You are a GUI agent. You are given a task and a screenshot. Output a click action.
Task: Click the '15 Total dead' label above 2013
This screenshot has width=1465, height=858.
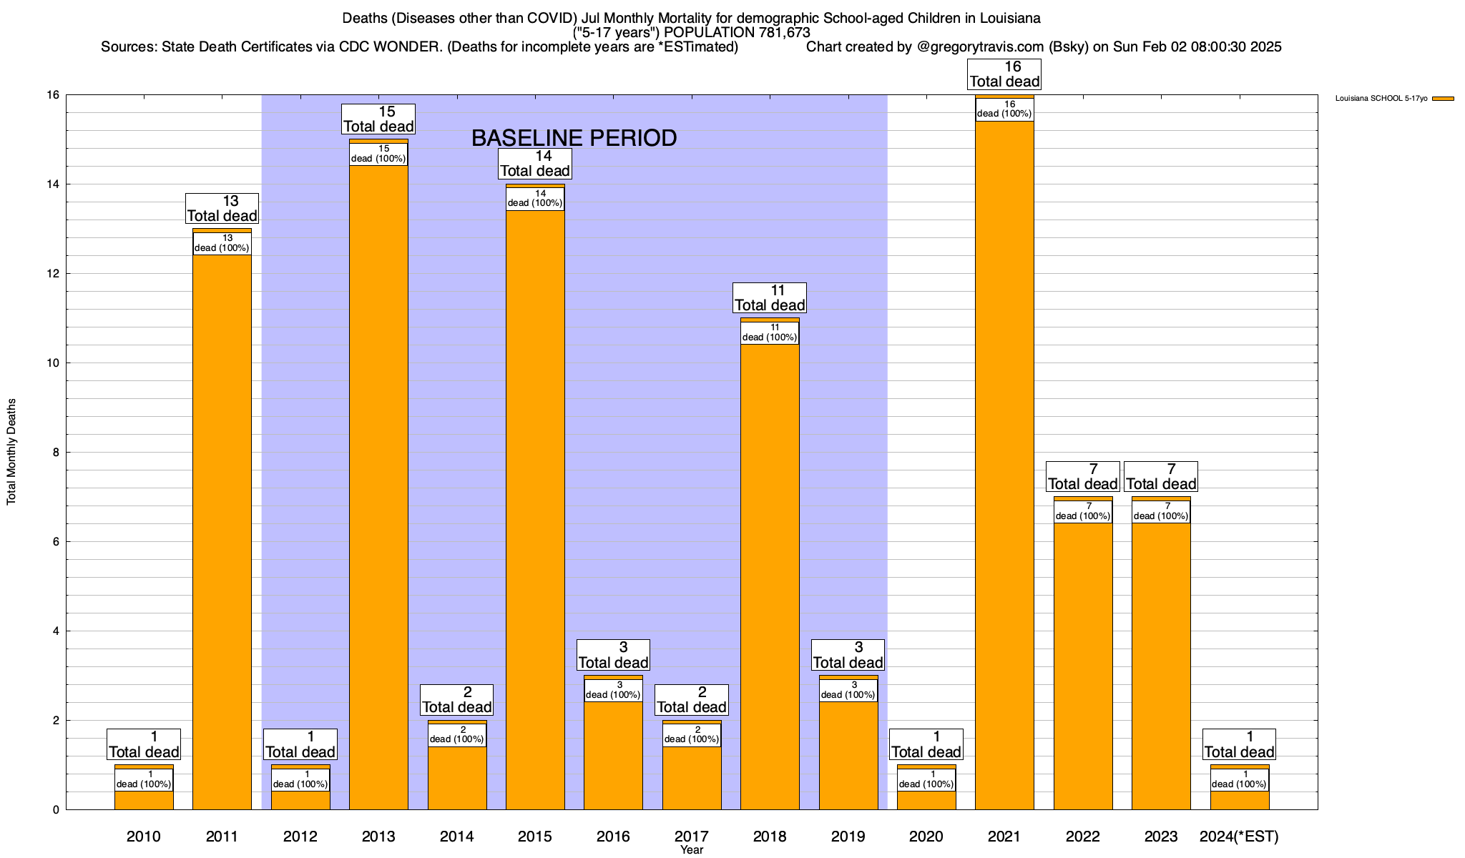coord(378,119)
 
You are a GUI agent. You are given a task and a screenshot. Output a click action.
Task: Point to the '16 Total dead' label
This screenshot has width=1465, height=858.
coord(1004,74)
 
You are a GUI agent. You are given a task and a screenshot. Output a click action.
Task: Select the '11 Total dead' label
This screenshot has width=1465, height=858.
coord(770,298)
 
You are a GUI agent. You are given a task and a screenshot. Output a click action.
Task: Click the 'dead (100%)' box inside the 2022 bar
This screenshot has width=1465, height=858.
coord(1082,512)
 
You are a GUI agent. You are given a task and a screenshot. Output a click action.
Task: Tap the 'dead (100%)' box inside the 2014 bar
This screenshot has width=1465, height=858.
coord(457,736)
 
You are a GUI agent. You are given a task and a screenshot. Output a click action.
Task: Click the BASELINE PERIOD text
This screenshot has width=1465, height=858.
coord(574,138)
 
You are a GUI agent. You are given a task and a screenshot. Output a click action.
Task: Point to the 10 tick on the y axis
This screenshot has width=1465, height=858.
coord(53,363)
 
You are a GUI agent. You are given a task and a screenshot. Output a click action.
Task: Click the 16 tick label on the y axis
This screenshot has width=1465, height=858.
coord(53,95)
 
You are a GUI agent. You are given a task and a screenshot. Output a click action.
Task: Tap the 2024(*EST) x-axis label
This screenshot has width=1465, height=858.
coord(1239,837)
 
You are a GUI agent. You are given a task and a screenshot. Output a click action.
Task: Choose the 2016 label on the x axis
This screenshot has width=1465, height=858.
coord(613,837)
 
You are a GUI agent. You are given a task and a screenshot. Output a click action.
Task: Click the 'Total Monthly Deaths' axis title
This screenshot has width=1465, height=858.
coord(11,452)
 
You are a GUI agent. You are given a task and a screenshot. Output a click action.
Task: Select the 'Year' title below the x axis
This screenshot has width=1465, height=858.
coord(692,850)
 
